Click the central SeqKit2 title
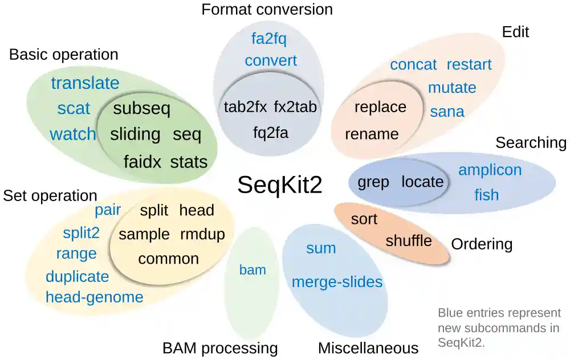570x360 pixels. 279,185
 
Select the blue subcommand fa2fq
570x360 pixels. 269,39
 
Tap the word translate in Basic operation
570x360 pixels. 85,83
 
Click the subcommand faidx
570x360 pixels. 143,162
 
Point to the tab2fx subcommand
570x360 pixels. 245,107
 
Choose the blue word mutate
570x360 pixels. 452,88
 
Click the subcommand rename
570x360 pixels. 372,134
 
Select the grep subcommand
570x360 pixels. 373,182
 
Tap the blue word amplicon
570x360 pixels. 490,170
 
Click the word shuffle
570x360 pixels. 409,240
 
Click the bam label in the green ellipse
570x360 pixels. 253,270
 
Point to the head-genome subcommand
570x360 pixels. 95,297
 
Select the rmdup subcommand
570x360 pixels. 202,234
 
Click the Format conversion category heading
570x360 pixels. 267,10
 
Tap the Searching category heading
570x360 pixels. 531,142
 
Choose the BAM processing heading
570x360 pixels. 220,348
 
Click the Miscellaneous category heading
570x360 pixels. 368,348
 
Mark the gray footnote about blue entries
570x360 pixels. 499,328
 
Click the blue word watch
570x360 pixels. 73,134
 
